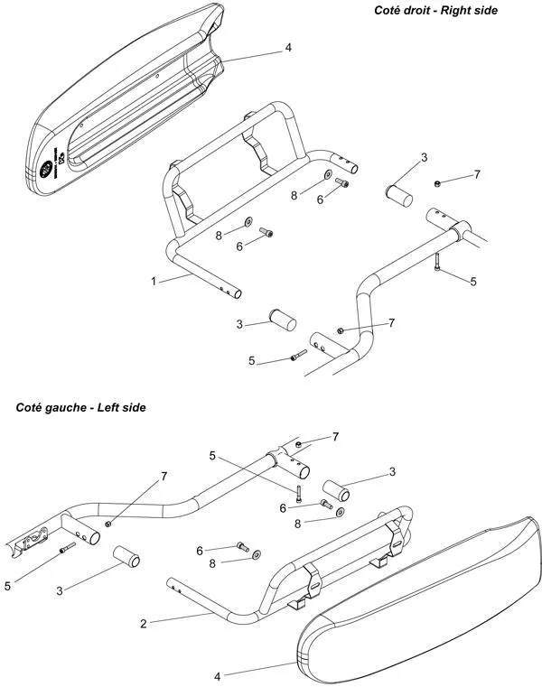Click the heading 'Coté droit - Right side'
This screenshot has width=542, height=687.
pyautogui.click(x=435, y=10)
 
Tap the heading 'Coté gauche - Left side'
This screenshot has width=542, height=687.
pyautogui.click(x=80, y=407)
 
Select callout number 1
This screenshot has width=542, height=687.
pyautogui.click(x=154, y=281)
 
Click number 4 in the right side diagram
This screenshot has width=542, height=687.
pyautogui.click(x=287, y=47)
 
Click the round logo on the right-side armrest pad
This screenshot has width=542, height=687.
pyautogui.click(x=45, y=168)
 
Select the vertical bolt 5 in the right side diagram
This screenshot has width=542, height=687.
pyautogui.click(x=436, y=263)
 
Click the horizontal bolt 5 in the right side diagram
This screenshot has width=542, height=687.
pyautogui.click(x=299, y=357)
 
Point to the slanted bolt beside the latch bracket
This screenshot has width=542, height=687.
pyautogui.click(x=64, y=549)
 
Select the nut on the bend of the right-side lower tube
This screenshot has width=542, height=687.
pyautogui.click(x=341, y=329)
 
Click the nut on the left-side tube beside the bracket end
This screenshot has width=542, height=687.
pyautogui.click(x=108, y=524)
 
